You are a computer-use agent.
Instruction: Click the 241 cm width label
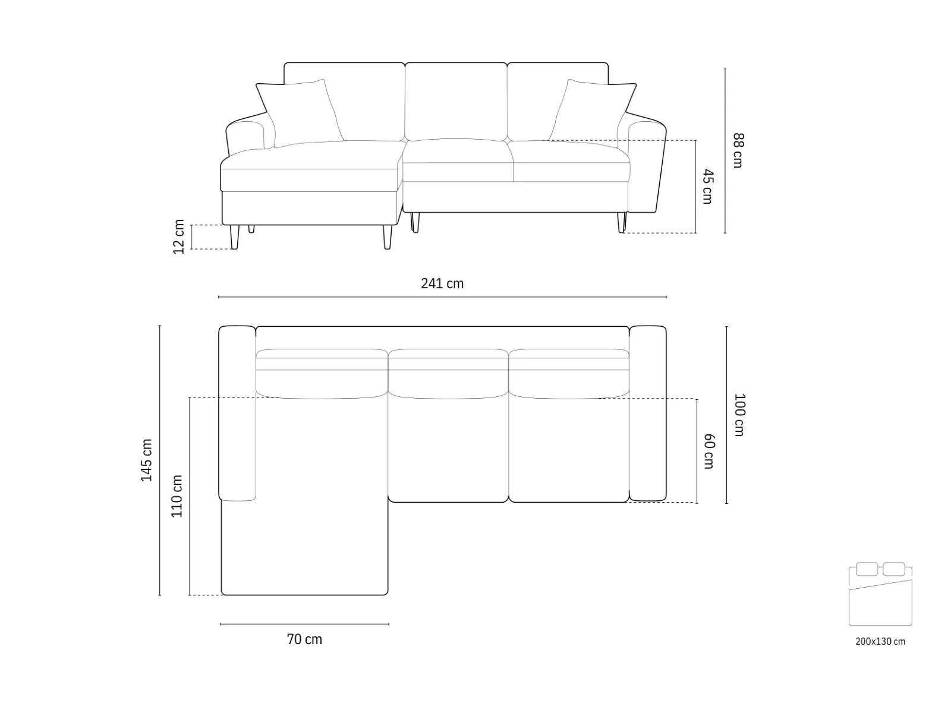click(442, 283)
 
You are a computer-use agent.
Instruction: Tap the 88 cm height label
click(738, 150)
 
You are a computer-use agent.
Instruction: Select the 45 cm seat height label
click(707, 186)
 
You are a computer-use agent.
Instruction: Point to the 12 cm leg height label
click(178, 236)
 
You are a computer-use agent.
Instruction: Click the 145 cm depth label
click(146, 460)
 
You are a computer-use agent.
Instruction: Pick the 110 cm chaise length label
click(177, 496)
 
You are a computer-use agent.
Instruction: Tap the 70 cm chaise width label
click(304, 639)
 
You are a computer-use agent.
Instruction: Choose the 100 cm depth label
click(739, 415)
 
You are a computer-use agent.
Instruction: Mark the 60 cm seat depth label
click(709, 451)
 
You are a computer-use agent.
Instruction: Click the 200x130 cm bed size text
click(880, 642)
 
